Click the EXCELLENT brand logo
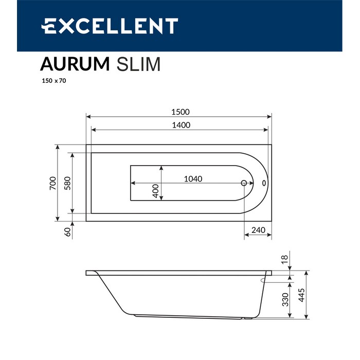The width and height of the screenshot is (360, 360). click(110, 26)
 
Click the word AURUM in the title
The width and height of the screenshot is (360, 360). click(75, 64)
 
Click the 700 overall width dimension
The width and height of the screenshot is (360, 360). click(52, 184)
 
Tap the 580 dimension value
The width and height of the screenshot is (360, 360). click(67, 183)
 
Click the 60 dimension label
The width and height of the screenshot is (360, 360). click(67, 232)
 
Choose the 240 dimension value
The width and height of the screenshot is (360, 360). click(259, 230)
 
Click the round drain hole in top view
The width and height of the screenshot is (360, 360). click(244, 183)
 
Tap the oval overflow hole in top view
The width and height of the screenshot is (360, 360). click(264, 183)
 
